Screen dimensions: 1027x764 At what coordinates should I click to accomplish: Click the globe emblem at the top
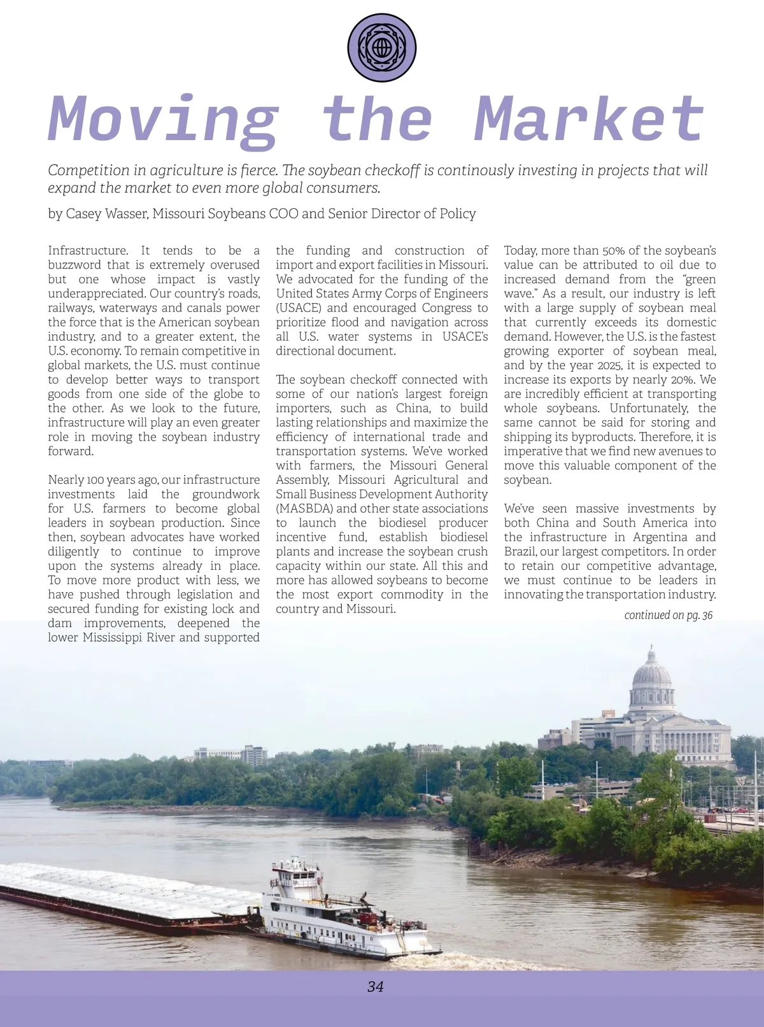point(382,48)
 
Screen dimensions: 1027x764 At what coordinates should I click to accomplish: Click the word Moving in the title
point(163,120)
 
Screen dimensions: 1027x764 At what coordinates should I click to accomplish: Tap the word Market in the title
point(589,120)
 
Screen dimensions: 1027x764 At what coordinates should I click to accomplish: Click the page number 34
point(376,987)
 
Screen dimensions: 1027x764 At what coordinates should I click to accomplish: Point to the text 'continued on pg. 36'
point(668,615)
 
